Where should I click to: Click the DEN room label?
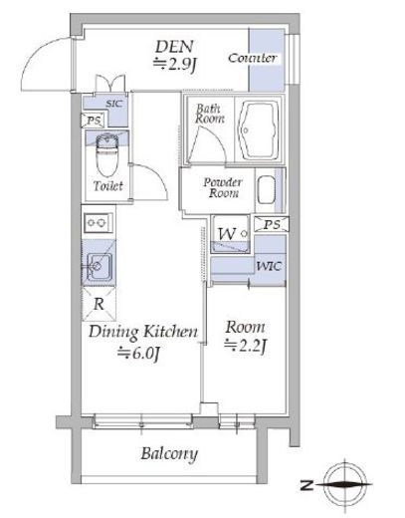(174, 47)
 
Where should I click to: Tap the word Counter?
(253, 58)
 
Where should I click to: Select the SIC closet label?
(114, 104)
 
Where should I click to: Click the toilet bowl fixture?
(107, 154)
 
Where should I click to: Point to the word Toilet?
(108, 185)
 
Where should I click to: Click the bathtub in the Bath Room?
(260, 129)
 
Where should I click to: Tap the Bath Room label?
(210, 114)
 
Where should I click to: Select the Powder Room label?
(223, 187)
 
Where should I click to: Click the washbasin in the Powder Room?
(267, 190)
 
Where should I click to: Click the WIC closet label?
(269, 266)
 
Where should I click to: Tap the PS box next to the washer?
(272, 224)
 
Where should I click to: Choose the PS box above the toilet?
(94, 121)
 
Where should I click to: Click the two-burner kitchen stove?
(98, 223)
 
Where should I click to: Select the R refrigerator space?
(99, 304)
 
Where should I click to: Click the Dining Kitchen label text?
(143, 332)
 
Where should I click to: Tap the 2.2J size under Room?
(246, 347)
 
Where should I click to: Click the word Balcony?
(169, 454)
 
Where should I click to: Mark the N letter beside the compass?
(306, 485)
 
